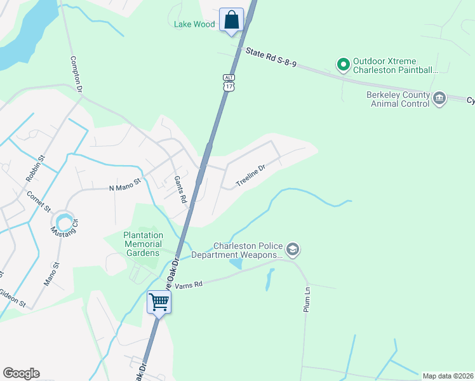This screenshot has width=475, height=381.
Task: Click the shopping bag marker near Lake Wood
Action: click(231, 20)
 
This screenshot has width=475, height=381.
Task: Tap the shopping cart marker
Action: click(158, 302)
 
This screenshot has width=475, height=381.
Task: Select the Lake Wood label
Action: click(194, 24)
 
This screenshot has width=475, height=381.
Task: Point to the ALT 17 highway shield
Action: click(229, 82)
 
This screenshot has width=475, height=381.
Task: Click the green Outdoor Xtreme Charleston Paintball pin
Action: click(344, 63)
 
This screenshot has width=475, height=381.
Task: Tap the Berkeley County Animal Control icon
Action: click(439, 99)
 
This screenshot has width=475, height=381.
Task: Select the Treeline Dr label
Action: click(250, 175)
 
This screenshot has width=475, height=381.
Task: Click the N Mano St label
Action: click(124, 187)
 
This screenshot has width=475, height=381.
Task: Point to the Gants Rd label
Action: click(180, 190)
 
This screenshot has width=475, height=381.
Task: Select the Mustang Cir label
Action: click(64, 224)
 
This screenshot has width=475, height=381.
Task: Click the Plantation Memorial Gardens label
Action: click(143, 244)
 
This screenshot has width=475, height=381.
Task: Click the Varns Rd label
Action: click(189, 284)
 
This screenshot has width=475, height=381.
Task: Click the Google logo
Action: click(21, 373)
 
